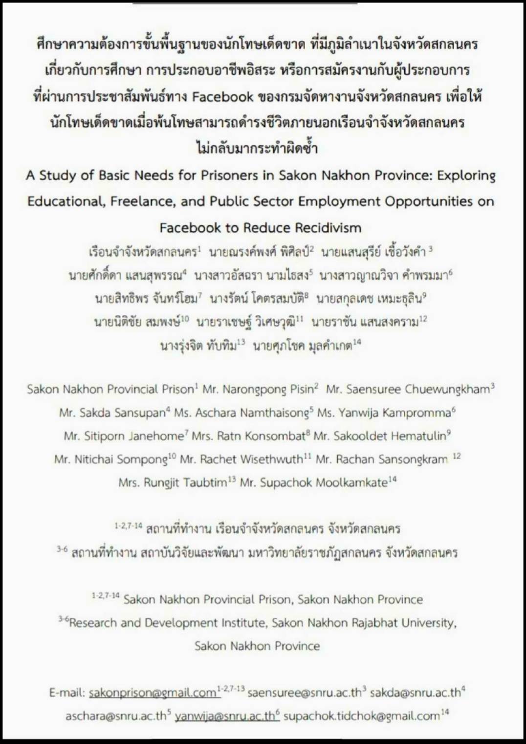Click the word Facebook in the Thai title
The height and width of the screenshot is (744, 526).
click(222, 96)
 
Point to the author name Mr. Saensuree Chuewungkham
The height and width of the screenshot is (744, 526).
click(408, 390)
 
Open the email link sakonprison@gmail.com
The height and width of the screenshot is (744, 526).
click(153, 693)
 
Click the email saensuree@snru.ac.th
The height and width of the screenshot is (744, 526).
click(305, 693)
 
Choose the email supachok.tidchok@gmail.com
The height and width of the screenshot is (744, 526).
click(361, 716)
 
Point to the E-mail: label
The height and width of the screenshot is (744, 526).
click(67, 693)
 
